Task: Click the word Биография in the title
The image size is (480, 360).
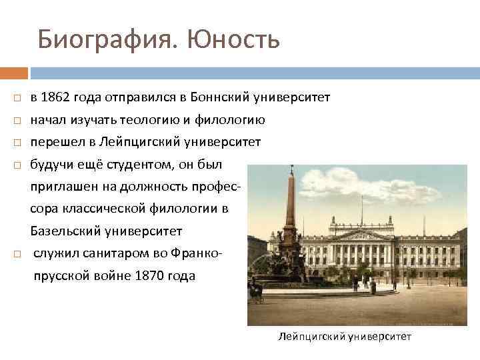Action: click(x=107, y=40)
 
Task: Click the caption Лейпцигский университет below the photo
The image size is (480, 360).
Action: click(x=345, y=337)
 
